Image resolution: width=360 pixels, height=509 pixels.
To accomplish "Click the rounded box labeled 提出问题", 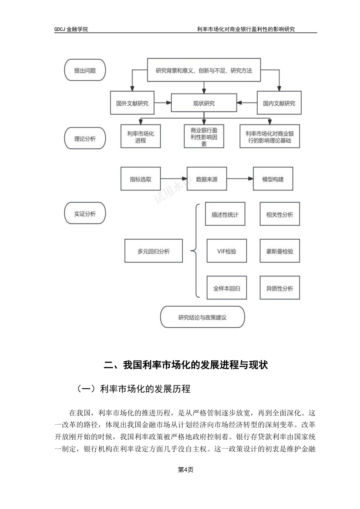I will pyautogui.click(x=85, y=70).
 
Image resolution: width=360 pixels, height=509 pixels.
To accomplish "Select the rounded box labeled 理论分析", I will pyautogui.click(x=85, y=139).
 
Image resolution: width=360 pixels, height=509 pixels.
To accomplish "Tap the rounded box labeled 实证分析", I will pyautogui.click(x=85, y=214).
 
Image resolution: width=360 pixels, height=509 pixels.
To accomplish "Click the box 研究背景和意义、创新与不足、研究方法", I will pyautogui.click(x=203, y=70).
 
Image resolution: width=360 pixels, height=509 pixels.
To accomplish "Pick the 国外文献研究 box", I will pyautogui.click(x=132, y=103).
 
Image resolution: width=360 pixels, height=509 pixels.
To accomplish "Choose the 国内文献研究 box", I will pyautogui.click(x=279, y=103).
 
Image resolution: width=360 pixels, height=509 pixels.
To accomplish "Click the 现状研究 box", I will pyautogui.click(x=204, y=103).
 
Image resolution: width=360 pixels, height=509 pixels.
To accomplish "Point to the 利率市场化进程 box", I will pyautogui.click(x=140, y=137).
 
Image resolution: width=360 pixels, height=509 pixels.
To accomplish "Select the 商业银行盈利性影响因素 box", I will pyautogui.click(x=204, y=137).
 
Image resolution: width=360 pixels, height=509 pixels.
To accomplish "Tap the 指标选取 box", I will pyautogui.click(x=140, y=179).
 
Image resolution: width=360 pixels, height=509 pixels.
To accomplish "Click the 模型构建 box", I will pyautogui.click(x=273, y=179).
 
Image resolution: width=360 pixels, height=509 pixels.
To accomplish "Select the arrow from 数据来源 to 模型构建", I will pyautogui.click(x=240, y=179).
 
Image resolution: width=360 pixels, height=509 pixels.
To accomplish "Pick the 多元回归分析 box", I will pyautogui.click(x=153, y=251).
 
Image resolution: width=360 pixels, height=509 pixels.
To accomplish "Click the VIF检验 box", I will pyautogui.click(x=226, y=251).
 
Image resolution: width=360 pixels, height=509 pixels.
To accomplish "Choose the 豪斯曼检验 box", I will pyautogui.click(x=280, y=251).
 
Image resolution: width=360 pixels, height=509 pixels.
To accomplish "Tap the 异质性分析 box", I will pyautogui.click(x=280, y=288).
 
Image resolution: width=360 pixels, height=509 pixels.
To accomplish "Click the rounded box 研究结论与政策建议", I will pyautogui.click(x=202, y=317).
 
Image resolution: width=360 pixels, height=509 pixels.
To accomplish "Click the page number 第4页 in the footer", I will pyautogui.click(x=186, y=470).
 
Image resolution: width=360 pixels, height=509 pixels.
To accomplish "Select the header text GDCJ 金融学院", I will pyautogui.click(x=71, y=29).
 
